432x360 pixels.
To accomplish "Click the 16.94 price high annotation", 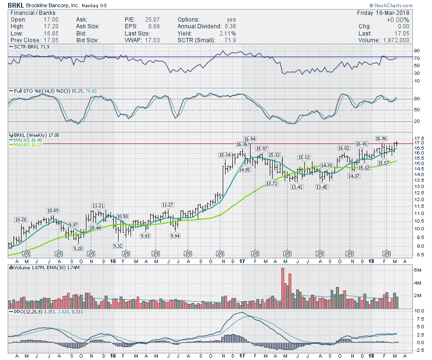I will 249,139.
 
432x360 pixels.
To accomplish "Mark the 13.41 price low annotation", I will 296,187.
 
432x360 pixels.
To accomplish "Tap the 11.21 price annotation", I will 98,205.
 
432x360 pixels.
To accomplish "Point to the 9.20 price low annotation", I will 78,248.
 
